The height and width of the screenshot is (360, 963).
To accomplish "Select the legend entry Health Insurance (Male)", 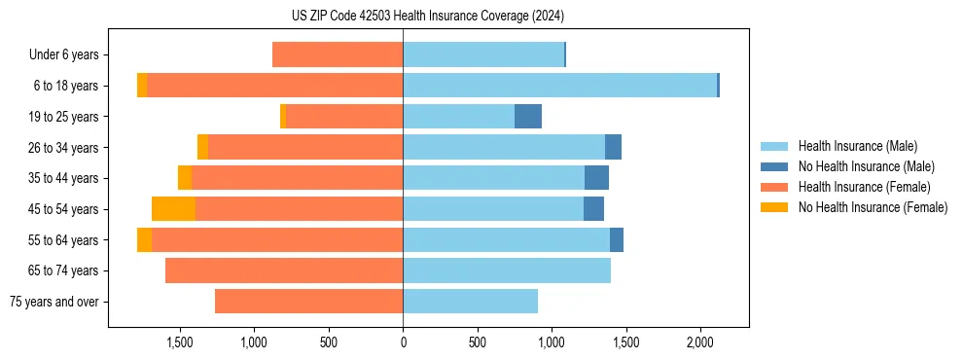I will (x=857, y=146).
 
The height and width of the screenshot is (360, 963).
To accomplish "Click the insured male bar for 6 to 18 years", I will (x=559, y=86).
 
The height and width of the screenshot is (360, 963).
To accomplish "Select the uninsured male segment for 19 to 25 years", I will (x=528, y=117).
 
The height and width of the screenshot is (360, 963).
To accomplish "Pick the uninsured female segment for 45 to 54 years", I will (x=173, y=209).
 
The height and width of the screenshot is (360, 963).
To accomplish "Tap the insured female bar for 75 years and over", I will (x=308, y=302).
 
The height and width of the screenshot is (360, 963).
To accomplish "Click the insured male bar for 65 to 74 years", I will (x=507, y=270).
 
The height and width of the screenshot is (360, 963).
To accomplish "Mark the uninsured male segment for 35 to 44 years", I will (x=596, y=178).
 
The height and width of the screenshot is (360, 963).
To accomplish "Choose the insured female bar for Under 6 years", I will (x=338, y=55).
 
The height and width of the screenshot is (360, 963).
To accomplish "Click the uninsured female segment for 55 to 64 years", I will (x=144, y=240).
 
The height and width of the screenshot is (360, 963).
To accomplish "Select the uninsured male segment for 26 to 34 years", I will (x=613, y=148).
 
